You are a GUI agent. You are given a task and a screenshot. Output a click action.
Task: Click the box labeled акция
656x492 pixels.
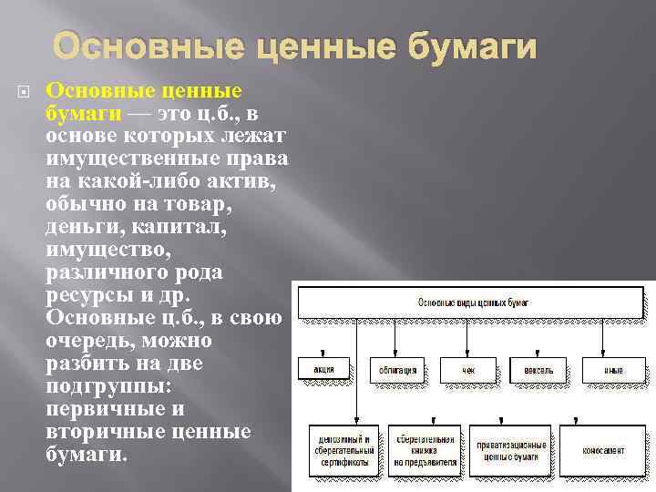(x=323, y=370)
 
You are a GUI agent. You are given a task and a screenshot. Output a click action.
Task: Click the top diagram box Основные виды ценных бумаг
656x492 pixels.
(x=473, y=302)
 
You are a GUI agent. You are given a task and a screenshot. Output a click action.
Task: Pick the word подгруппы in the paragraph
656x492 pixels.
(x=102, y=387)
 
